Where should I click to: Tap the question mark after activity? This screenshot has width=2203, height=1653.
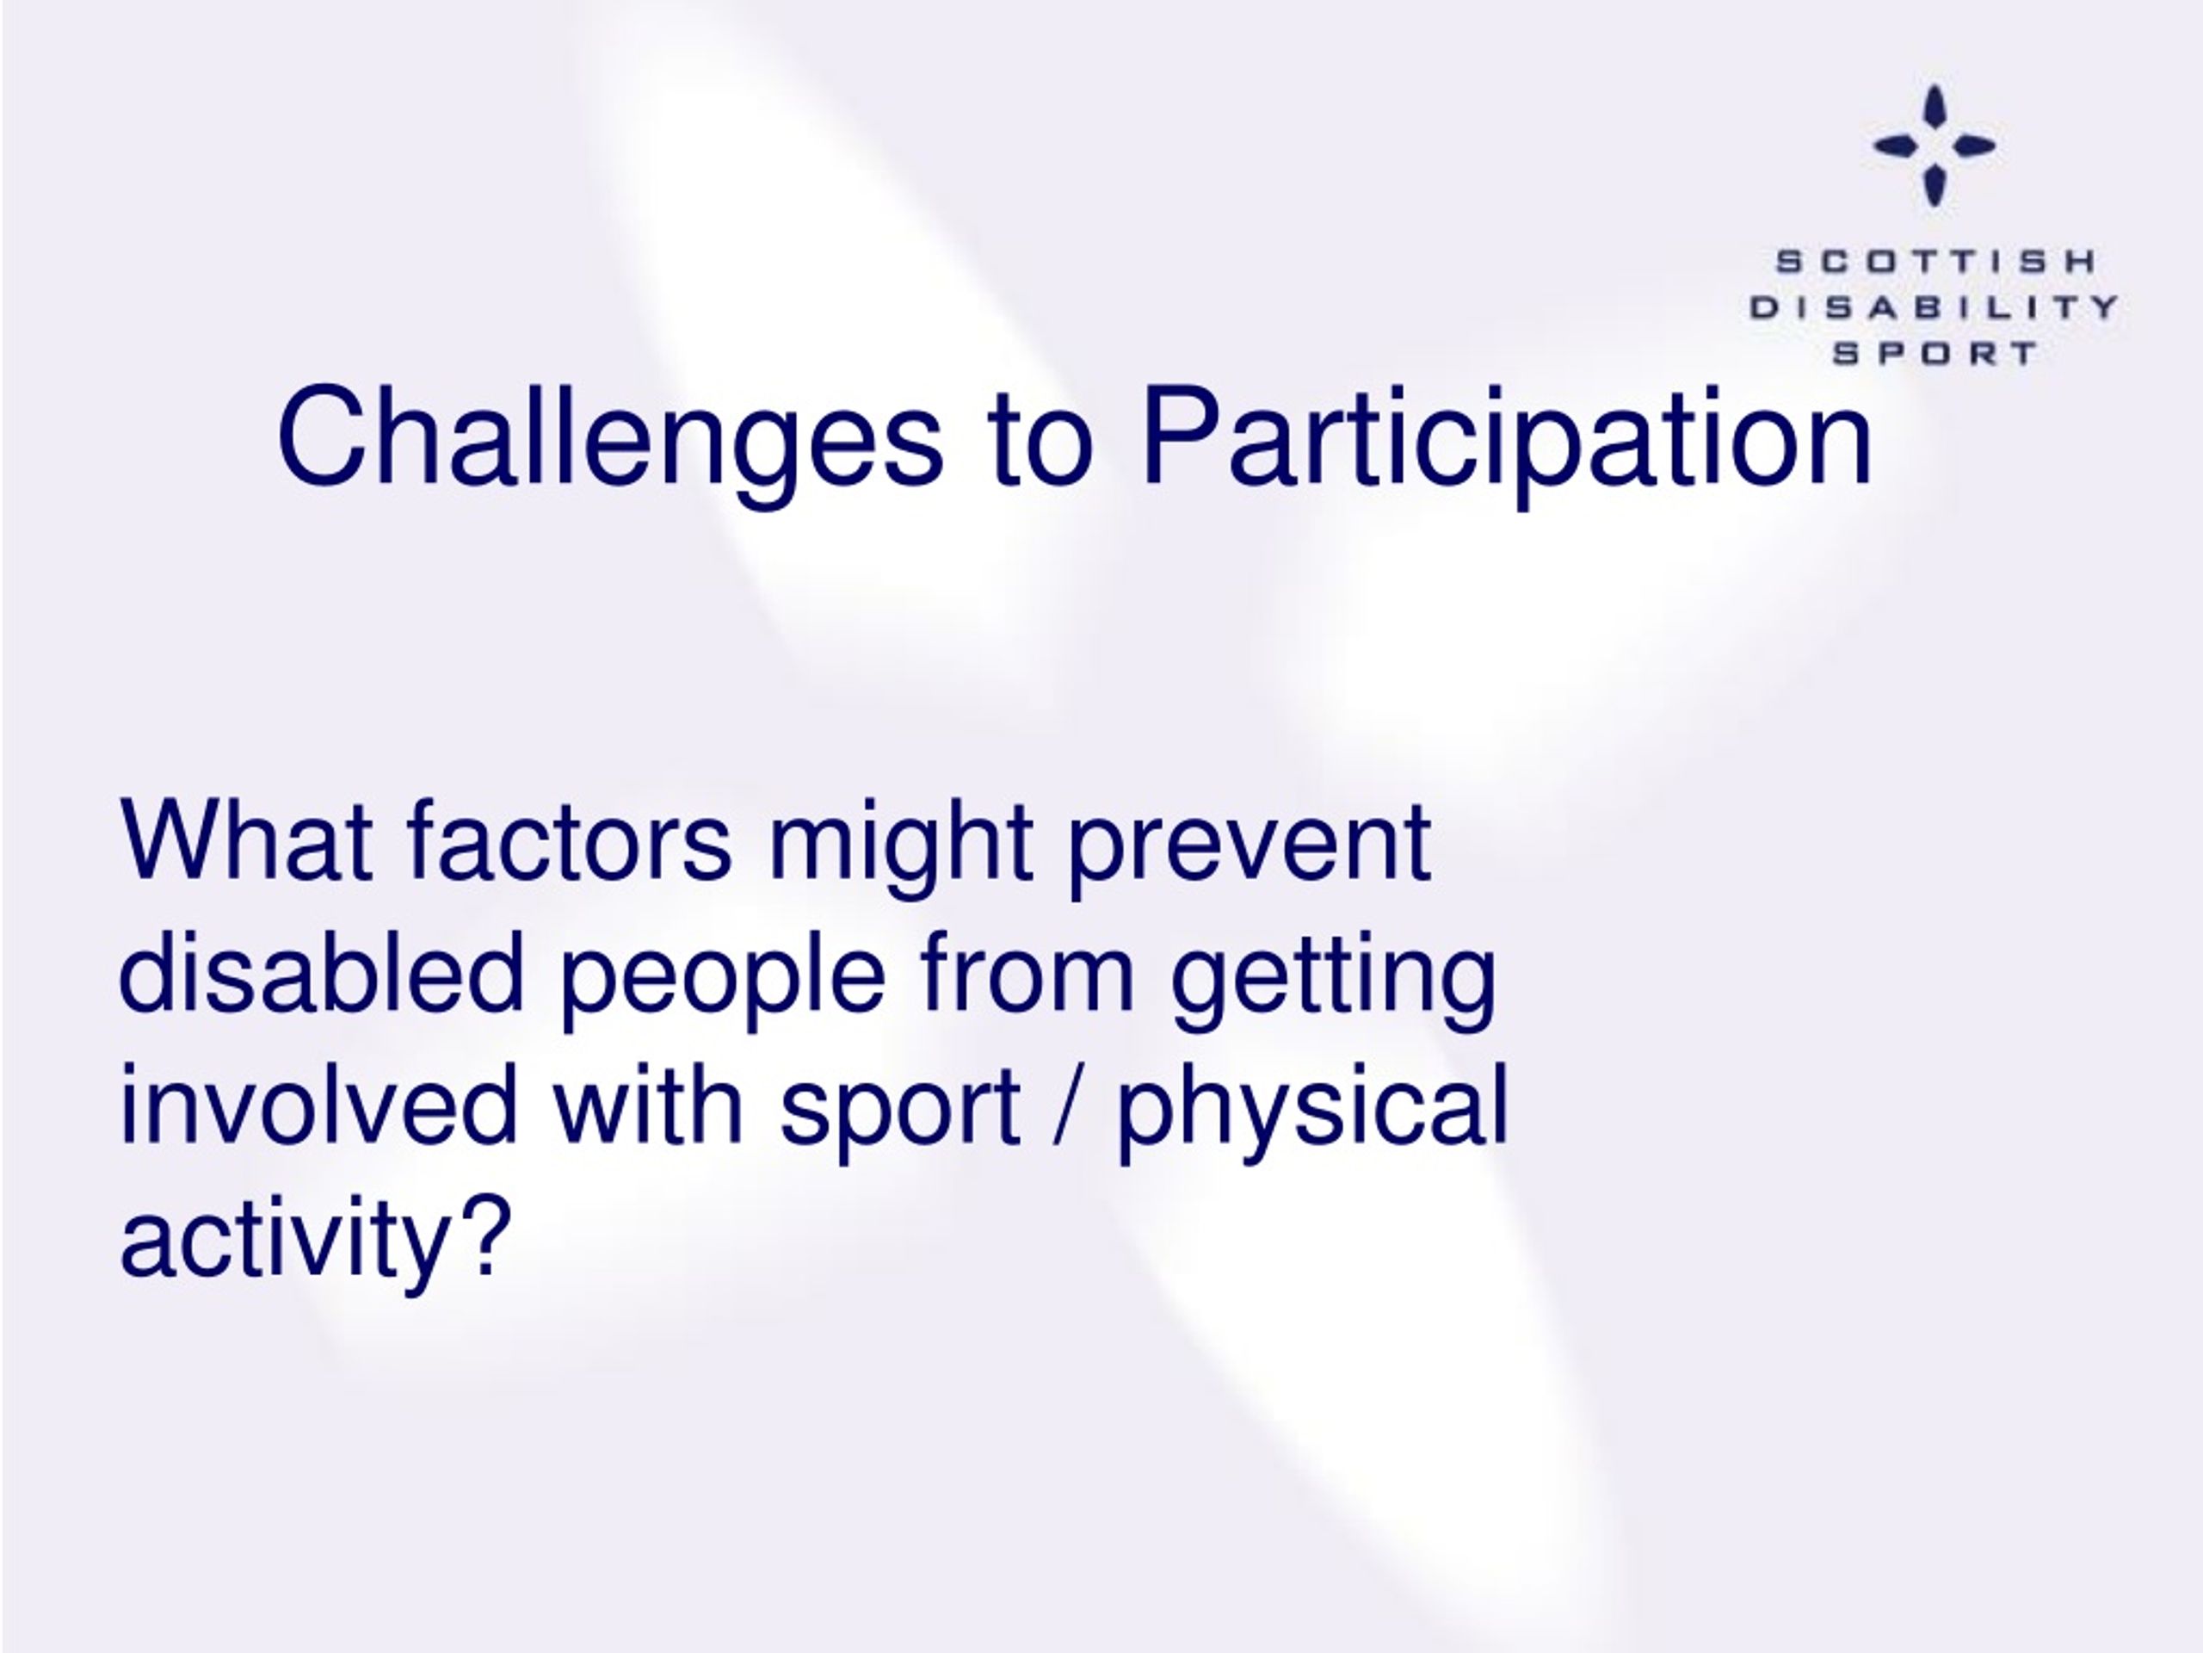(x=484, y=1235)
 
